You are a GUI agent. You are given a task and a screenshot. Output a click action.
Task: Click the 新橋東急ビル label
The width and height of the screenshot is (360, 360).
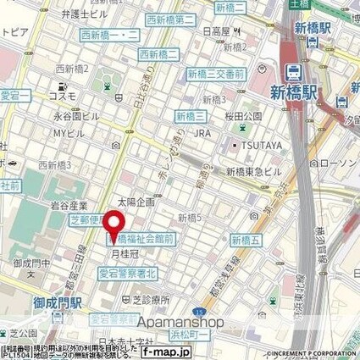(x=252, y=172)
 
